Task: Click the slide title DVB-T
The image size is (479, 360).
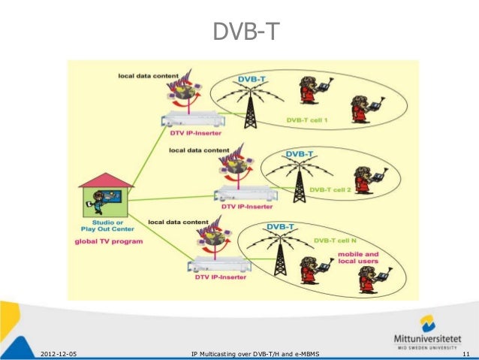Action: (239, 32)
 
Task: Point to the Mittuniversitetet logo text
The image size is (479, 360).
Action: (430, 337)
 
